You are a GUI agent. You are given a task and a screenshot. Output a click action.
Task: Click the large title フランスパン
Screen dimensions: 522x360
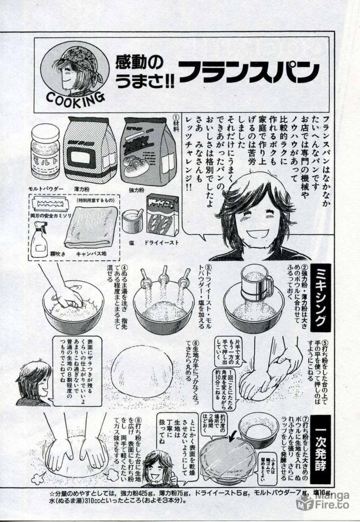pyautogui.click(x=248, y=72)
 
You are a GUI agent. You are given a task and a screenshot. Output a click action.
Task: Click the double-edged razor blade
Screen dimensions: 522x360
pyautogui.click(x=51, y=206)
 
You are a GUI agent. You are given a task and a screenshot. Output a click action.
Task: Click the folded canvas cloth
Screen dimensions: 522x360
pyautogui.click(x=91, y=227)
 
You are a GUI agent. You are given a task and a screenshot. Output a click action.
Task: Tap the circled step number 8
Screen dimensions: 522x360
pyautogui.click(x=138, y=420)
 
